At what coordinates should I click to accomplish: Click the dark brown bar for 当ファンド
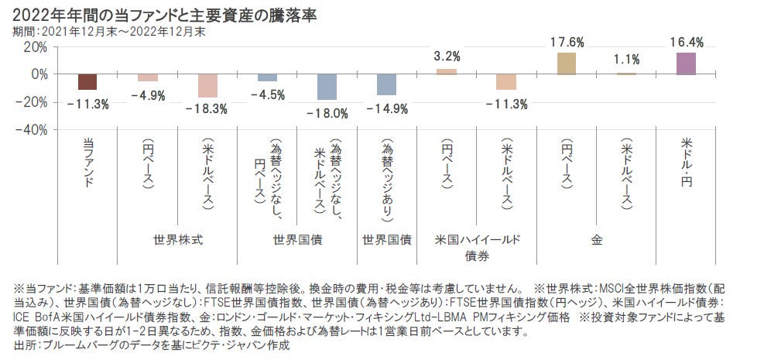(x=87, y=82)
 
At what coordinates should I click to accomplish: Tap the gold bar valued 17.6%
(x=566, y=63)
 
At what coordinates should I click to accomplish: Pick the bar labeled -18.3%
(x=207, y=86)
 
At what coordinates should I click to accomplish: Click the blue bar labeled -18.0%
(x=327, y=87)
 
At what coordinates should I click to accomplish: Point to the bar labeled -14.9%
(x=386, y=84)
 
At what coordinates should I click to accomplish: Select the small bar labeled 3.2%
(x=447, y=71)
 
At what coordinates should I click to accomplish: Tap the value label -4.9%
(x=147, y=94)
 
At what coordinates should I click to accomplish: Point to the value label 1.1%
(x=626, y=60)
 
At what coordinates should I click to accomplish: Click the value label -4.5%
(x=267, y=94)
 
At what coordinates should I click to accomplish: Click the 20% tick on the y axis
(x=36, y=46)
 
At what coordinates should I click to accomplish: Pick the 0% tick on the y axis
(x=39, y=74)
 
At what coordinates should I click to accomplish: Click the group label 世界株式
(x=178, y=240)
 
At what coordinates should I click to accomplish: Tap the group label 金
(x=596, y=240)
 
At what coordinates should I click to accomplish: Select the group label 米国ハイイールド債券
(x=476, y=247)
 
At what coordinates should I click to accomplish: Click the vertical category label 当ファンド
(x=87, y=163)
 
